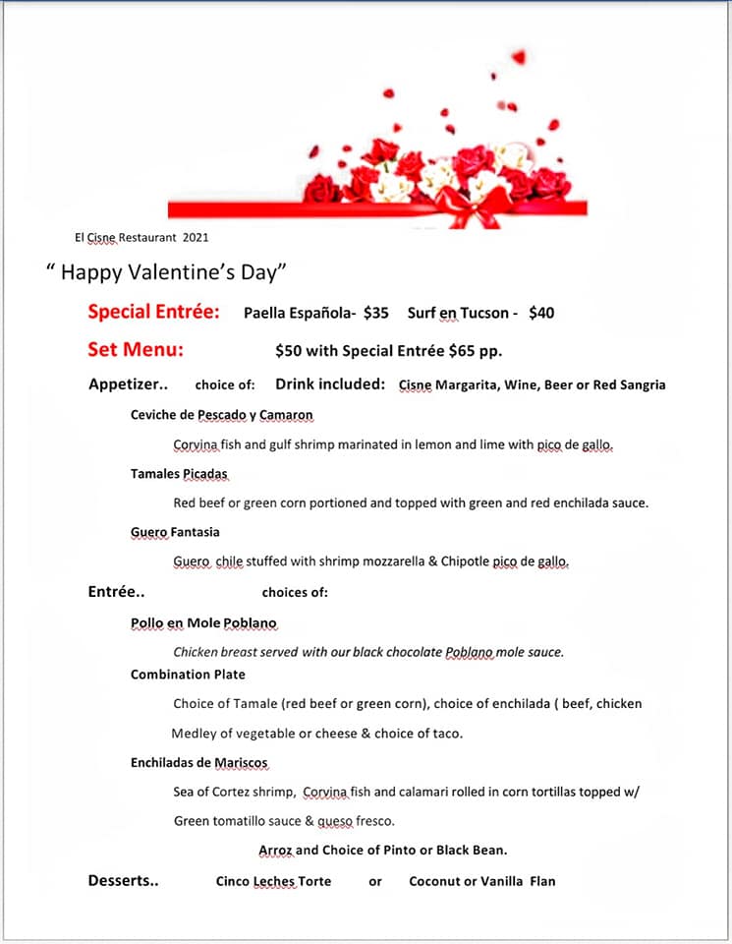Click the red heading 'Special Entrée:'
(153, 313)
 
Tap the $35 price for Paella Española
(375, 314)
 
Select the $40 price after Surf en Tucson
(541, 314)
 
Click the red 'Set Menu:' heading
(136, 349)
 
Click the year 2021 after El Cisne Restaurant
(195, 237)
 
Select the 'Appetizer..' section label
(129, 384)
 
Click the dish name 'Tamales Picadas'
(179, 474)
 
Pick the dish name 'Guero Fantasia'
(175, 532)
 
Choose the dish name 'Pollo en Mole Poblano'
(203, 623)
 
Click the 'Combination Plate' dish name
(188, 675)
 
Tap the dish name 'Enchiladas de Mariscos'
(198, 763)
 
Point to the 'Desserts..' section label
(123, 881)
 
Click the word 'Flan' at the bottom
(542, 881)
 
